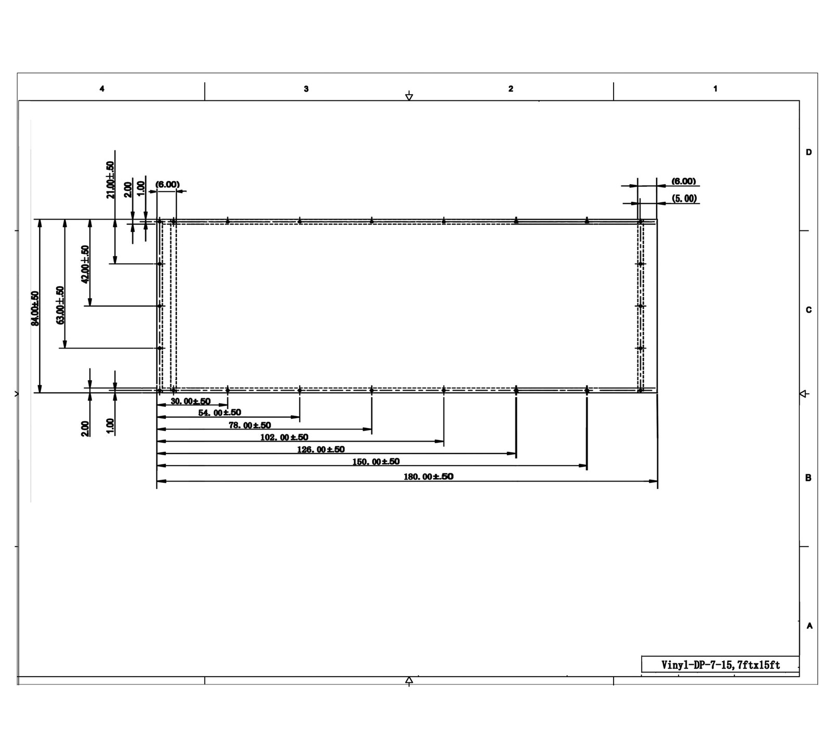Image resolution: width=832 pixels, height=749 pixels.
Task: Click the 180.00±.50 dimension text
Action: tap(428, 476)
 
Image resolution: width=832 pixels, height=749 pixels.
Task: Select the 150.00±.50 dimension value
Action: tap(376, 461)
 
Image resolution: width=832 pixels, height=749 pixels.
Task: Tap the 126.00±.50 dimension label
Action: tap(321, 449)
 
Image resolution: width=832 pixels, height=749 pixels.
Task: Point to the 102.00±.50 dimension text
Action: tap(284, 437)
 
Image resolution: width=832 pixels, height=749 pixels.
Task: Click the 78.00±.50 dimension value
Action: tap(250, 425)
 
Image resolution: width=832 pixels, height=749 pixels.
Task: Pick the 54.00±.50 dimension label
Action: tap(219, 412)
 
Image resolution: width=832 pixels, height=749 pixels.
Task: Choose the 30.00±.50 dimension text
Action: tap(190, 402)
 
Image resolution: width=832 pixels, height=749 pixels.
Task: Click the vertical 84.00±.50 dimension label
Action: tap(35, 308)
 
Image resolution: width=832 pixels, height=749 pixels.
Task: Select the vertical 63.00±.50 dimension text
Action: tap(60, 305)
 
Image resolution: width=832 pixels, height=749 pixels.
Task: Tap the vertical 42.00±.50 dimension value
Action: tap(85, 264)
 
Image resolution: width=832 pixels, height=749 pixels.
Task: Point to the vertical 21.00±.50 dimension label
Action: tap(110, 179)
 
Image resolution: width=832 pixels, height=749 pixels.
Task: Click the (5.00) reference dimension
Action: tap(684, 199)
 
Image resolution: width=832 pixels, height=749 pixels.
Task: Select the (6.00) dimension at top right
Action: tap(683, 181)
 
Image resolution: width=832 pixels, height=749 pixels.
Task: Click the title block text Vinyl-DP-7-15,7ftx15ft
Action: tap(720, 665)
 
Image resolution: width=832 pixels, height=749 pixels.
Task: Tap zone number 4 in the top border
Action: tap(102, 89)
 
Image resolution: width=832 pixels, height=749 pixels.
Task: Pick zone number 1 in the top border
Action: tap(715, 89)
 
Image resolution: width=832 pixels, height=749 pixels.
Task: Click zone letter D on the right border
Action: tap(809, 152)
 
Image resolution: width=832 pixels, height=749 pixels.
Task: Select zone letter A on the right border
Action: tap(809, 626)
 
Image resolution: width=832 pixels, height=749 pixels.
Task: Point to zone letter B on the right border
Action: tap(808, 477)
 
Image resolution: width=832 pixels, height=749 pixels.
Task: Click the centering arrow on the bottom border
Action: tap(409, 680)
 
